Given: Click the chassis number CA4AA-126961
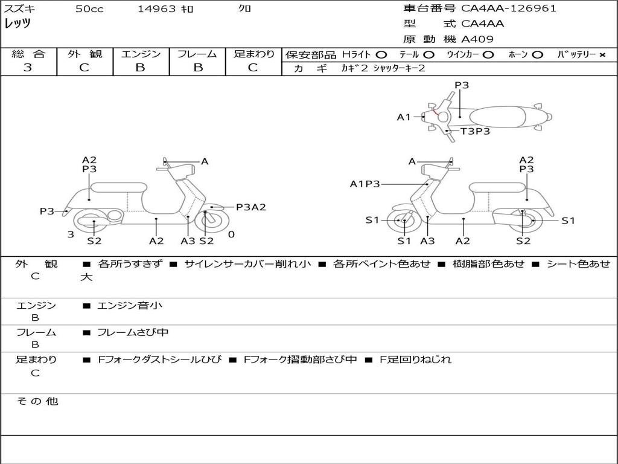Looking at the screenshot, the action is point(509,8).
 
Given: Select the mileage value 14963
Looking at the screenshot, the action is point(156,9).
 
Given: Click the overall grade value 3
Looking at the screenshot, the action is point(28,68).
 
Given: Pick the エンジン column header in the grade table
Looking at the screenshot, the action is point(141,54).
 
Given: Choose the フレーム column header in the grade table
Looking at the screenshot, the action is point(197,54).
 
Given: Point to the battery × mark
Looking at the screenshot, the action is point(602,55).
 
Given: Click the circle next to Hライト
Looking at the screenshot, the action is point(381,55).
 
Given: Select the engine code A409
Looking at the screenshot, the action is point(477,39).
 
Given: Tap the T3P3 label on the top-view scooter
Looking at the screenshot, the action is point(475,131).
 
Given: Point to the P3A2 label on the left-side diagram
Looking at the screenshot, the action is point(250,207).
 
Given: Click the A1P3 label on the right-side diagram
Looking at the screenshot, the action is point(365,184).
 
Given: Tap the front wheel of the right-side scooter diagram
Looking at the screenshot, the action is point(404,221).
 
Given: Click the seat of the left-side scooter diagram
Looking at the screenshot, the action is point(118,187).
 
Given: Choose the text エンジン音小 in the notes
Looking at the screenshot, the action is point(130,306).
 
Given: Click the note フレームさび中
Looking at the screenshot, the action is point(133,332).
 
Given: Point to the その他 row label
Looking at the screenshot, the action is point(37,401).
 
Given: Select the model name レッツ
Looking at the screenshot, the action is point(18,24).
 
